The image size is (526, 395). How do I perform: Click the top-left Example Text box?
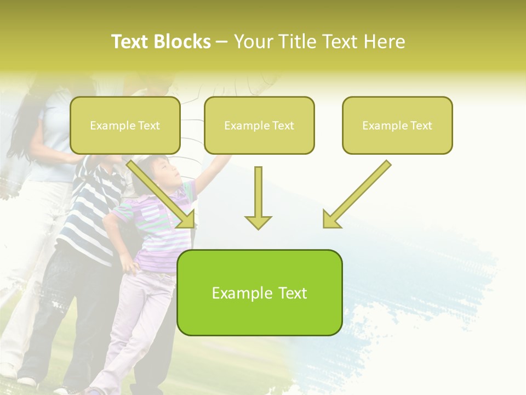(125, 125)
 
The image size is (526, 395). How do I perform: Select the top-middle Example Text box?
(259, 125)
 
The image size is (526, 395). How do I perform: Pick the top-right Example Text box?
(397, 125)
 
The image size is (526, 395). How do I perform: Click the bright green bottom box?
(259, 292)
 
